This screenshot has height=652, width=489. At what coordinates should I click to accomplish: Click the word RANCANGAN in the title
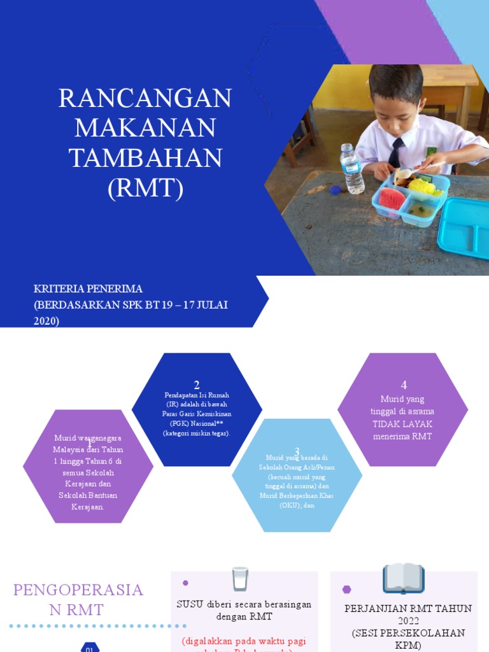click(x=145, y=99)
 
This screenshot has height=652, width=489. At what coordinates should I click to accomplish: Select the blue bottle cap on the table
click(x=336, y=189)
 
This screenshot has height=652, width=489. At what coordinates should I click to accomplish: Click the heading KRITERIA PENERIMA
click(x=88, y=289)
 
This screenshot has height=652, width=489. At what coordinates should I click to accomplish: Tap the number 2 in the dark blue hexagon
click(x=197, y=385)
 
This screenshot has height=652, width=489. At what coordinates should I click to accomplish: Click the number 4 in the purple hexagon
click(x=404, y=385)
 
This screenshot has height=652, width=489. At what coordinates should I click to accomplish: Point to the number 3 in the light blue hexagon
click(x=297, y=451)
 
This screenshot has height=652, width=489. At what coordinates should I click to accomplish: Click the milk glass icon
click(x=240, y=579)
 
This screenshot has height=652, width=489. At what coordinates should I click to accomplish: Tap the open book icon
click(x=403, y=578)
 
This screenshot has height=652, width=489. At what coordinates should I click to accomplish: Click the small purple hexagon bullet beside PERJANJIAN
click(x=346, y=589)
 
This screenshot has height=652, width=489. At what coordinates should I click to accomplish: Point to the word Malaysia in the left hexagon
click(x=69, y=450)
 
